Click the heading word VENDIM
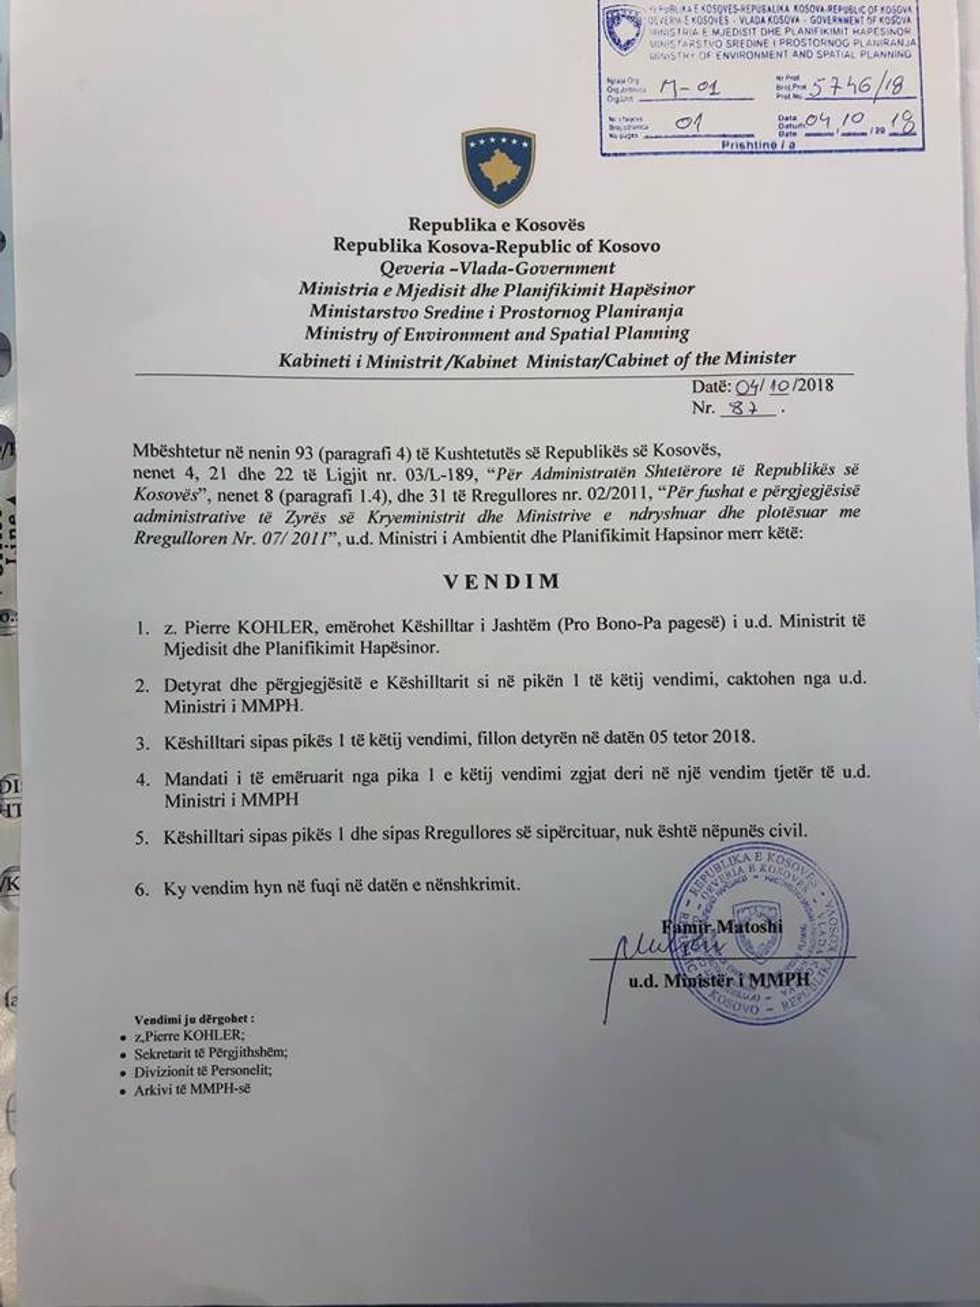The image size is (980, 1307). [x=502, y=581]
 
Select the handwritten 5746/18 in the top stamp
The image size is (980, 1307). [x=845, y=89]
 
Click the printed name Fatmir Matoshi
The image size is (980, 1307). [x=722, y=926]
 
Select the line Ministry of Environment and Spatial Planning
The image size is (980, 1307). [x=497, y=333]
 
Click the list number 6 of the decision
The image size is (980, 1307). [x=142, y=886]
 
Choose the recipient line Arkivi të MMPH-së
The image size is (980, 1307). [x=178, y=1089]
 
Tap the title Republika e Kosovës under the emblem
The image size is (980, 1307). [x=496, y=224]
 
